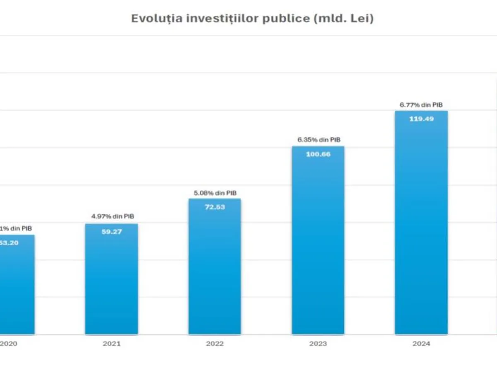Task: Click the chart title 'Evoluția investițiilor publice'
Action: [220, 19]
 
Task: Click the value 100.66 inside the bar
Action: [318, 154]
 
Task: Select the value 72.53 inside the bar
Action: [215, 207]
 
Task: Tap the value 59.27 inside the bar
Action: [111, 232]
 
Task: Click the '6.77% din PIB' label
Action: [421, 105]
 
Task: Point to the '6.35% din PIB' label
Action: [318, 140]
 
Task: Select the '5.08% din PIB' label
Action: [215, 193]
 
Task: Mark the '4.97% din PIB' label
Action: [112, 216]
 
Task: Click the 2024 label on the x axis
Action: [421, 344]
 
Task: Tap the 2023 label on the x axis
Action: [318, 344]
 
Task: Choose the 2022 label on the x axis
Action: [215, 344]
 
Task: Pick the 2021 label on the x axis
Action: [111, 344]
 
